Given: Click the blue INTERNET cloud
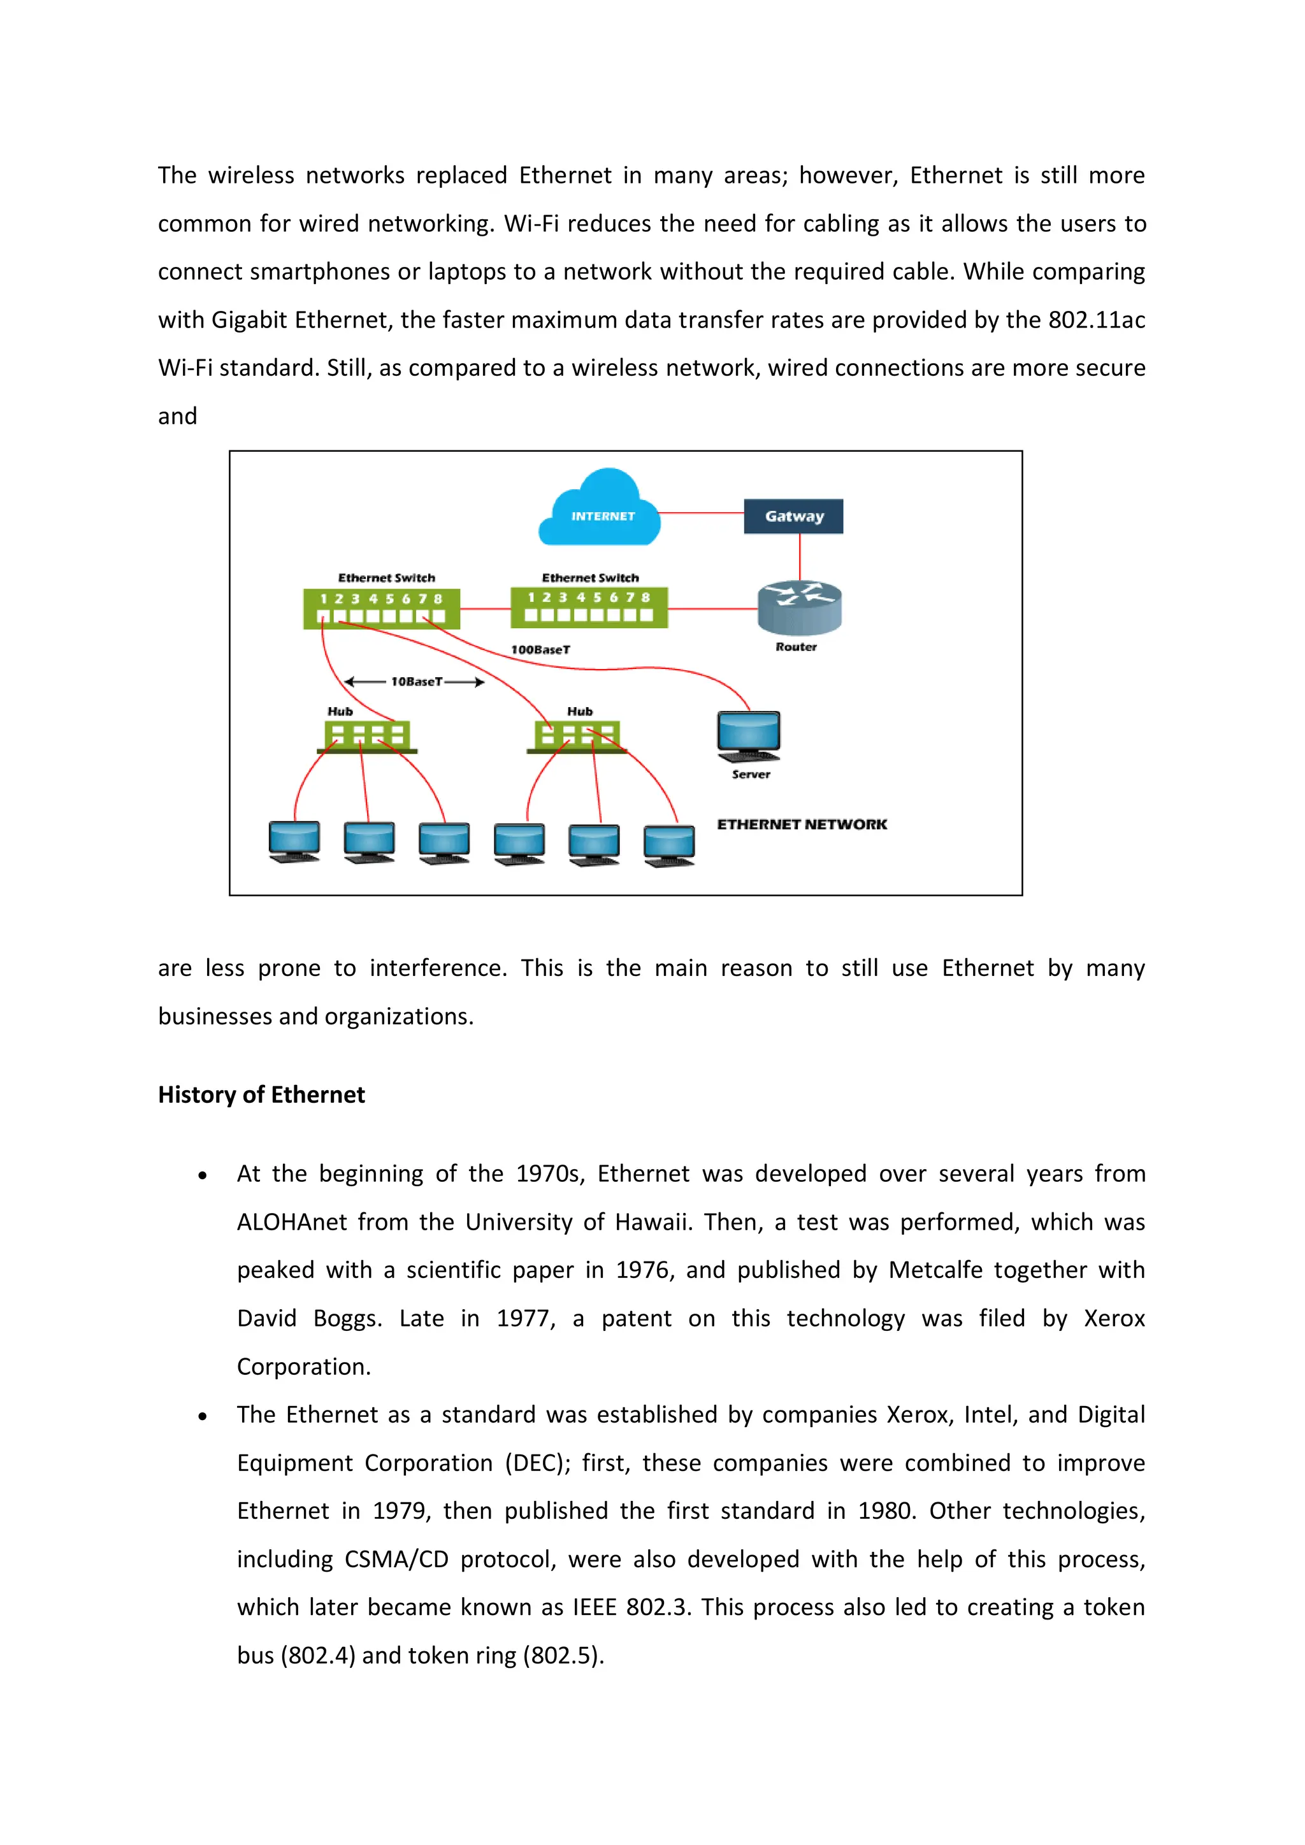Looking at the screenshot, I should pyautogui.click(x=600, y=510).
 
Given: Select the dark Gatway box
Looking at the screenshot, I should pyautogui.click(x=793, y=516).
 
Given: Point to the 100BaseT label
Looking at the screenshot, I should pyautogui.click(x=540, y=649).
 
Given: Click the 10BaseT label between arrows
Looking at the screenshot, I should pyautogui.click(x=415, y=682).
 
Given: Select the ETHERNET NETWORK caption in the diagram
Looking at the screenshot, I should pyautogui.click(x=801, y=824).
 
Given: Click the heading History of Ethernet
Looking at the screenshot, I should pyautogui.click(x=261, y=1095).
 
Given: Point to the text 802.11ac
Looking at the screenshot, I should pyautogui.click(x=1096, y=320).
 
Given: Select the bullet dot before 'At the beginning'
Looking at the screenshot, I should pyautogui.click(x=203, y=1175).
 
